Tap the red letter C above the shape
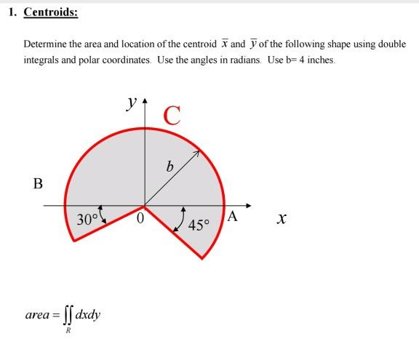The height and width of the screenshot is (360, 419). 172,115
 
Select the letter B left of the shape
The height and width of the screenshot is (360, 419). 38,183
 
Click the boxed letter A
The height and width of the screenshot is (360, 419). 232,216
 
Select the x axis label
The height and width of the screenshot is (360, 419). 281,218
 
